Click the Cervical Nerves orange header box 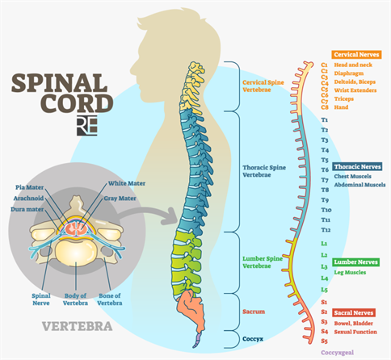(354, 54)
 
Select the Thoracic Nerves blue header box (355, 166)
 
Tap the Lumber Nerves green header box (353, 262)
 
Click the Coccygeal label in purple (338, 353)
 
